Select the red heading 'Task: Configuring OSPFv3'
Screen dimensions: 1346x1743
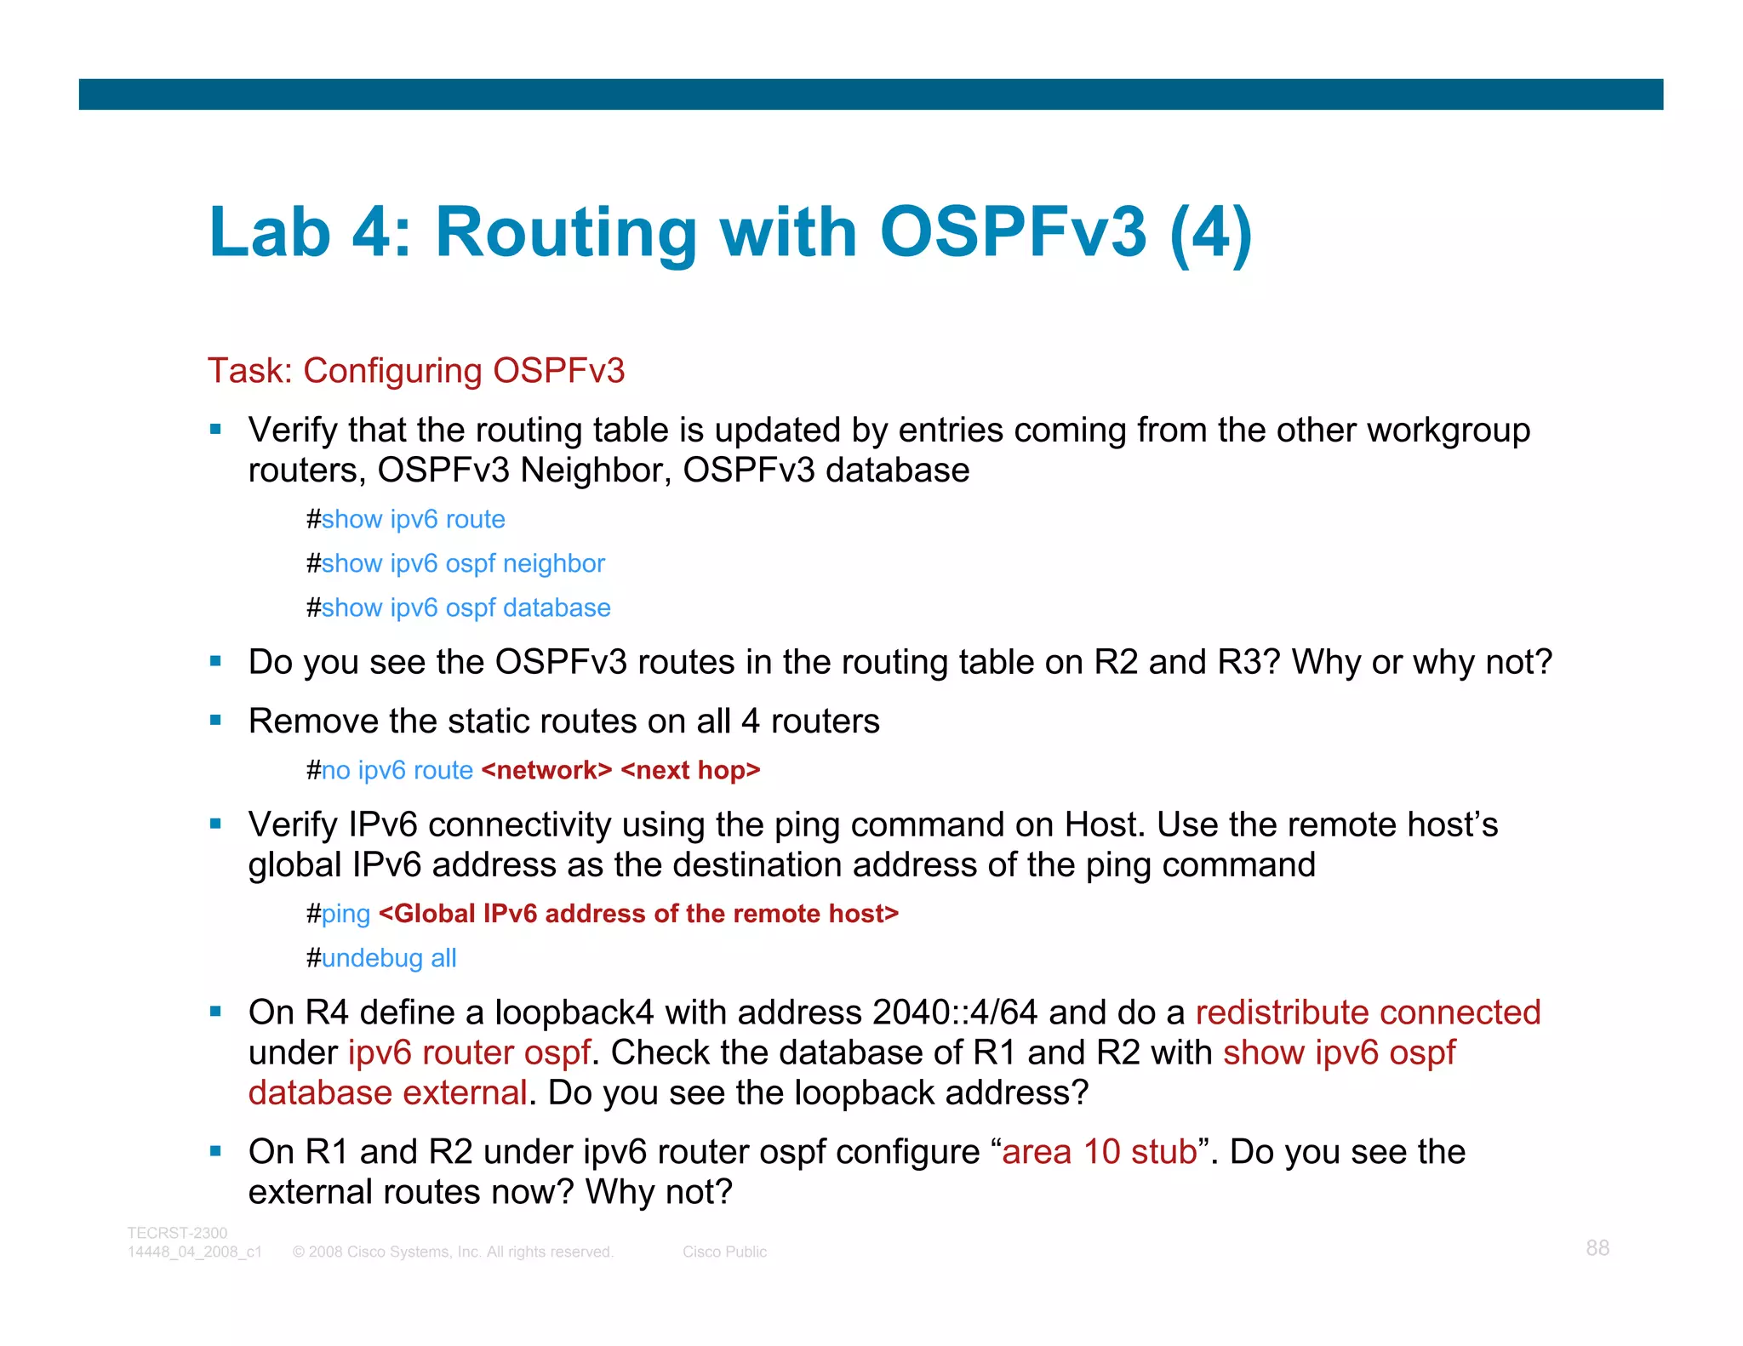point(416,371)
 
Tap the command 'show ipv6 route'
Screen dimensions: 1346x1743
point(413,519)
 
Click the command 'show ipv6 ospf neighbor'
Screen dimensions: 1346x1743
point(462,563)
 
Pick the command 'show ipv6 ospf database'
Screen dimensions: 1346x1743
point(466,607)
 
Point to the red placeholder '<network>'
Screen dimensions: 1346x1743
point(546,770)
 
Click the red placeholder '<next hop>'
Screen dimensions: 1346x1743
point(690,770)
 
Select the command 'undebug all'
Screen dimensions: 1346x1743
point(388,958)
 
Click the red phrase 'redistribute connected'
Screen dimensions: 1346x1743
point(1368,1012)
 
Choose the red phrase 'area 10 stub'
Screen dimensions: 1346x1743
point(1100,1152)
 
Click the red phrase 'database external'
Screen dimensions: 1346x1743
point(387,1092)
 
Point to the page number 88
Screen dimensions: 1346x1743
point(1597,1248)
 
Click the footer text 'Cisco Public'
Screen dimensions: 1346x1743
point(724,1252)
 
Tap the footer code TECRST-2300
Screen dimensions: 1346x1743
point(177,1233)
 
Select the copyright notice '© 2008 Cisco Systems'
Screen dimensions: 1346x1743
point(452,1252)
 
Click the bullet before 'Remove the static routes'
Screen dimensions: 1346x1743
point(215,721)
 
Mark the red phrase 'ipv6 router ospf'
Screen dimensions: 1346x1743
point(469,1052)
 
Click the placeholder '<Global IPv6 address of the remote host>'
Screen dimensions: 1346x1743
point(638,914)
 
